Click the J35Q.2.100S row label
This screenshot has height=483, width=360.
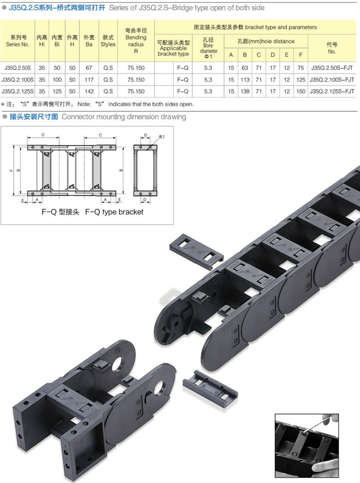pyautogui.click(x=18, y=80)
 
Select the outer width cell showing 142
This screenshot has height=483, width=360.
pyautogui.click(x=89, y=91)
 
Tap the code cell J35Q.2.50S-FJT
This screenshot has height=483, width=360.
pyautogui.click(x=332, y=68)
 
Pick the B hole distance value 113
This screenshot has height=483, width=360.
pyautogui.click(x=245, y=80)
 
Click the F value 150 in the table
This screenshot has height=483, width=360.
pyautogui.click(x=301, y=91)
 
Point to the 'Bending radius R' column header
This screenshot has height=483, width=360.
pyautogui.click(x=136, y=41)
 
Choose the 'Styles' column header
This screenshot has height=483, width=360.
pyautogui.click(x=108, y=41)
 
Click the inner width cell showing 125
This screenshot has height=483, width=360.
pyautogui.click(x=57, y=91)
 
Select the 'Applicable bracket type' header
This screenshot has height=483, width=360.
pyautogui.click(x=173, y=48)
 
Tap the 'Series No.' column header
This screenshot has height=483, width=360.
pyautogui.click(x=18, y=41)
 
